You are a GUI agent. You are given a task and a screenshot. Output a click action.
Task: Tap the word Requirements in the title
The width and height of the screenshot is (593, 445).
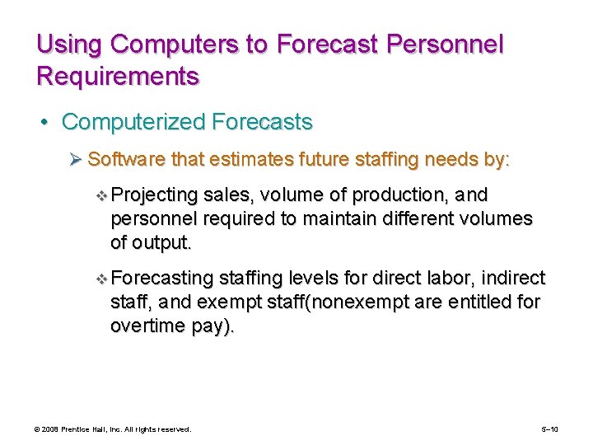(118, 77)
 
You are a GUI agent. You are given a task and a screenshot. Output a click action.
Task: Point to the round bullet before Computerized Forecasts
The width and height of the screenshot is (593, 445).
(49, 123)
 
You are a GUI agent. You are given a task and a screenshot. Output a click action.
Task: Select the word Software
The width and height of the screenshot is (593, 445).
(121, 159)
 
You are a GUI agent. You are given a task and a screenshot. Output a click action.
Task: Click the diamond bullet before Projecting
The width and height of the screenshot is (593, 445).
(101, 196)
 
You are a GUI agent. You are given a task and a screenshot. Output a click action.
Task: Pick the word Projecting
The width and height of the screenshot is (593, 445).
(155, 195)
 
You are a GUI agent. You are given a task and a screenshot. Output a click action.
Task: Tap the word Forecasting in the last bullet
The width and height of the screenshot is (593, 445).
(161, 279)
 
